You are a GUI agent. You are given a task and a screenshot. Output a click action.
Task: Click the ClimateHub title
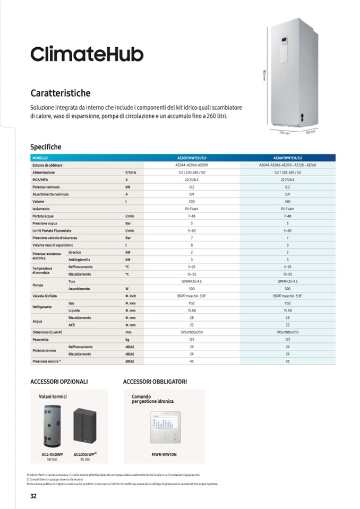87,54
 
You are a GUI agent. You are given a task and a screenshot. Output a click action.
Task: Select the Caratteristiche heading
61,93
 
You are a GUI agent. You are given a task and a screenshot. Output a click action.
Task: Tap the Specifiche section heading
46,147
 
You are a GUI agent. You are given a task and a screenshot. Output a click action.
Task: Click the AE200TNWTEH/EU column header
192,158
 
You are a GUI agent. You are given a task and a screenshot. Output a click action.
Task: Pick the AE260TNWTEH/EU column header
287,158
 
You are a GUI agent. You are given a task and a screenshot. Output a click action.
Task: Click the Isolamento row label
41,209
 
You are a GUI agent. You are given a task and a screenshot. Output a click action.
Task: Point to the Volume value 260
287,202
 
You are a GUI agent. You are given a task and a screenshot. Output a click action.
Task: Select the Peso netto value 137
192,339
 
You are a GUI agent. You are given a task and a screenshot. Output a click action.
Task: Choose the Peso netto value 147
287,339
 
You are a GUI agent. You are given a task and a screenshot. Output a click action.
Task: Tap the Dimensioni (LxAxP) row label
47,332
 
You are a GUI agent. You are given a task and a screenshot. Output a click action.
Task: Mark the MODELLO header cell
40,158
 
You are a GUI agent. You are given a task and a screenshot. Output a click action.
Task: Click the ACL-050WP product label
52,455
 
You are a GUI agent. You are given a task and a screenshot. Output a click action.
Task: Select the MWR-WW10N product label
164,455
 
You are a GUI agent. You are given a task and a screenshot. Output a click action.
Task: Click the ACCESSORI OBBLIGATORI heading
155,382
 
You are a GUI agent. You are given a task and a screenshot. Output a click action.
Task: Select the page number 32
33,496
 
